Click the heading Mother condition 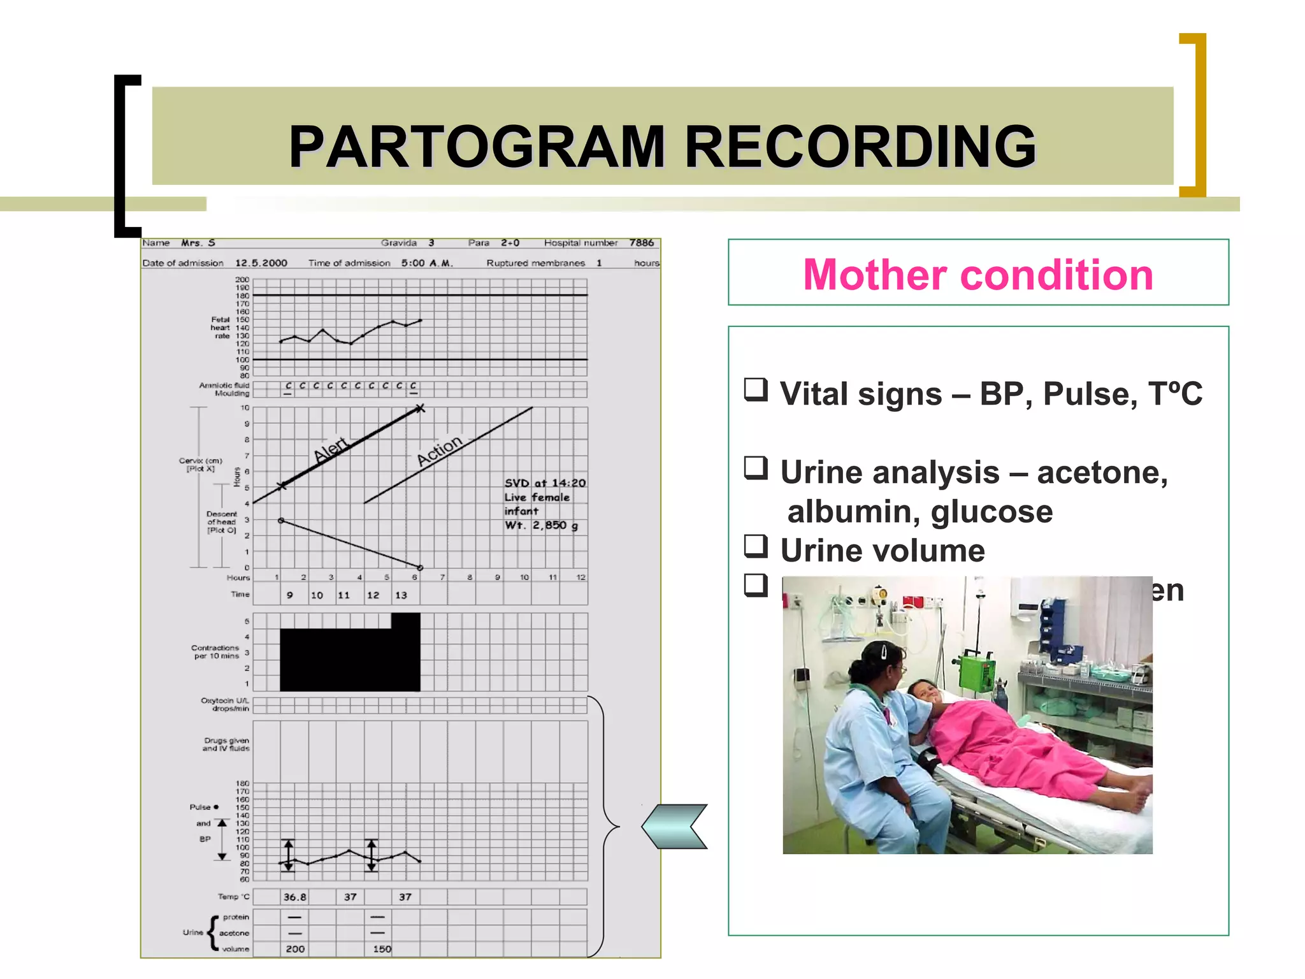(977, 275)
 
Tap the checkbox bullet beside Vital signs (756, 389)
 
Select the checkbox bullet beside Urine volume (756, 546)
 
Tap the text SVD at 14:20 (545, 483)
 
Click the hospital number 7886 (641, 243)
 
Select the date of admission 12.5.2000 (261, 263)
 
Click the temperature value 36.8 (294, 897)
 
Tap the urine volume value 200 (295, 949)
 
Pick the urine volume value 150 (382, 949)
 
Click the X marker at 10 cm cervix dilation (419, 409)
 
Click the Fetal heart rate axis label (221, 328)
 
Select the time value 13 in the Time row (401, 595)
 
